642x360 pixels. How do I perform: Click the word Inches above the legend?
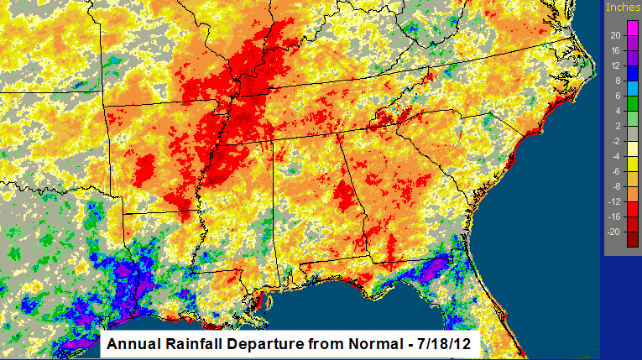[x=622, y=7]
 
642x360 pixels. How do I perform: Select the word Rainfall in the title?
[x=190, y=344]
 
